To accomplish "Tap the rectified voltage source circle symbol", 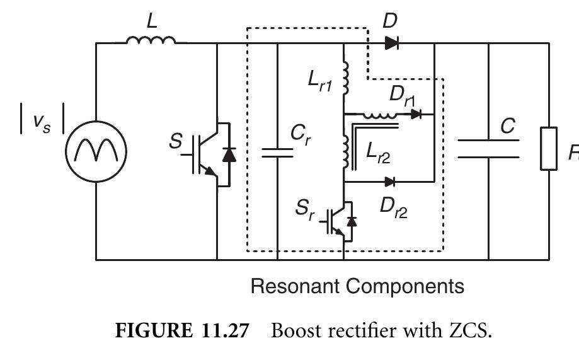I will point(96,151).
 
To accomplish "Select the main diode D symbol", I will point(391,43).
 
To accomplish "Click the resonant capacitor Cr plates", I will point(277,151).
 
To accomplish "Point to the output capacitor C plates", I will point(488,148).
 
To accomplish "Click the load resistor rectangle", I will point(548,148).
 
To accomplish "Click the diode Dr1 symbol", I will point(416,114).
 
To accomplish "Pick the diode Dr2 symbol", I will point(390,182).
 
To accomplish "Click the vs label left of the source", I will point(39,123).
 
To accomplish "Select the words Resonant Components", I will point(357,286).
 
